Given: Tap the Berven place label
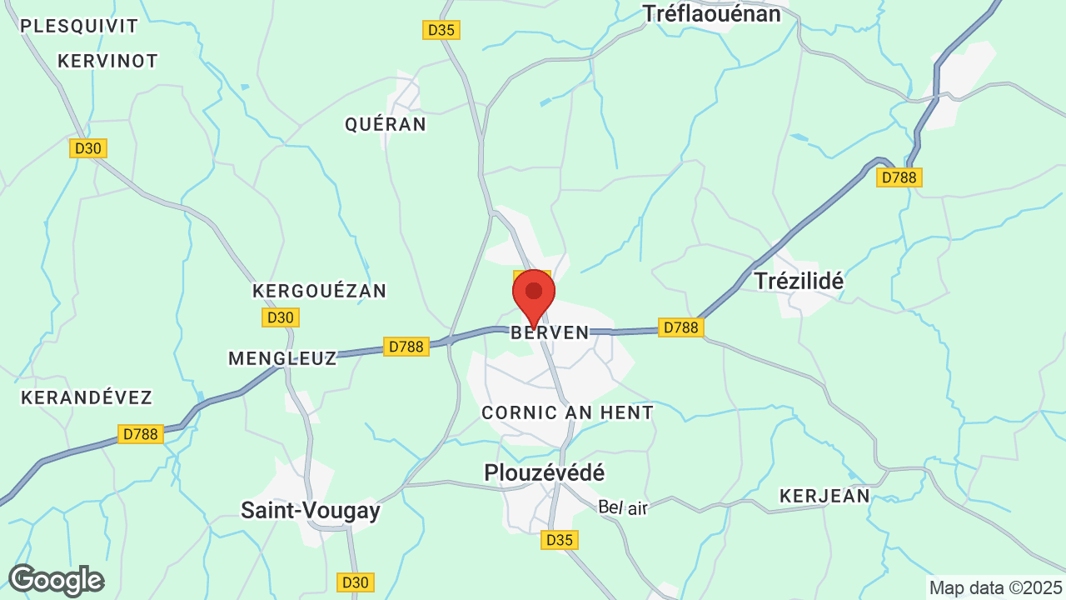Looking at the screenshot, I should point(550,332).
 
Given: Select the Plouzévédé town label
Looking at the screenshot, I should point(545,472).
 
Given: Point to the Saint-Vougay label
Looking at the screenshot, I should point(311,510).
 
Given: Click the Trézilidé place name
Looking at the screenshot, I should point(799,281).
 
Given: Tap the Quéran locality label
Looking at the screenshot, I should point(386,124).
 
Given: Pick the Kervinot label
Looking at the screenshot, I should point(108,61).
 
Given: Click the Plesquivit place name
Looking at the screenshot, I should point(79,26).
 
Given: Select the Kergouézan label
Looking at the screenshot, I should point(320,291).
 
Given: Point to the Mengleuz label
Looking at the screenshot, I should point(282,358).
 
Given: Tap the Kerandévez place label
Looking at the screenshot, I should point(87,397).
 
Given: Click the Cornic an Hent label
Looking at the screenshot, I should point(568,412).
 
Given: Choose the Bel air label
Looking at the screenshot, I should point(623,507).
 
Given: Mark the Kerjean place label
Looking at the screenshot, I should point(824,496).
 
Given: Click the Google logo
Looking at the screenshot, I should point(56,580).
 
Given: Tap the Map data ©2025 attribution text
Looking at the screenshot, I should point(996,587).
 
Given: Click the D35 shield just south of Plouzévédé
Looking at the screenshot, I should point(560,540).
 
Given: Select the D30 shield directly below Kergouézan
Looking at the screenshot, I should point(281,317).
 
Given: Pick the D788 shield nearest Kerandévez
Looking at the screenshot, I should point(140,434).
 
